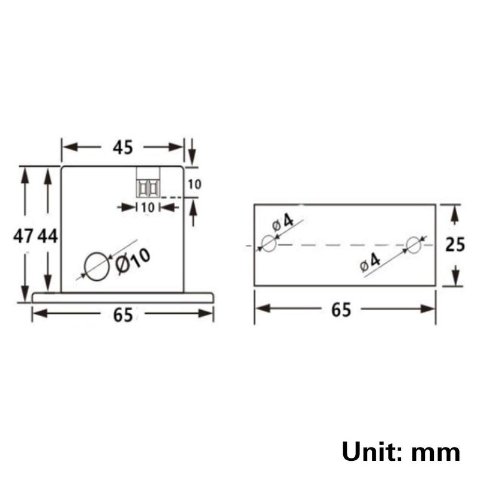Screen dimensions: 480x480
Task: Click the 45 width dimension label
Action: (122, 148)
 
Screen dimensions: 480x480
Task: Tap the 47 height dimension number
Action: (23, 236)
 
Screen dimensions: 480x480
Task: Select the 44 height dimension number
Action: (47, 236)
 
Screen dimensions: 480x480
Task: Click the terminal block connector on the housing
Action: (148, 182)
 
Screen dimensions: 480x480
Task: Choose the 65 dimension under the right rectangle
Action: (341, 310)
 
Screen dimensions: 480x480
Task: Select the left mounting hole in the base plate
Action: (269, 244)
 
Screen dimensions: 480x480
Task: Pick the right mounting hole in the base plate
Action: (414, 244)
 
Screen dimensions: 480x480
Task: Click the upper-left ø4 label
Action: (283, 222)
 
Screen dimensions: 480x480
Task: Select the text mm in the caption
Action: (436, 452)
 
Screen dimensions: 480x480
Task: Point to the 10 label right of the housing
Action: (194, 185)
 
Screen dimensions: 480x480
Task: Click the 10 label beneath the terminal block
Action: (148, 207)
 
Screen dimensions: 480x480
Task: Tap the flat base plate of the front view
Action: (122, 297)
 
